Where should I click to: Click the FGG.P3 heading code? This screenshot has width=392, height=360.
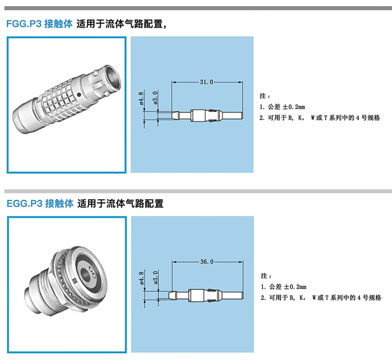point(24,24)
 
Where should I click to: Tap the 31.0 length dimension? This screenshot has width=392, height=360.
point(206,82)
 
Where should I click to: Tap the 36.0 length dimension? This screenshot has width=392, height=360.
point(207,262)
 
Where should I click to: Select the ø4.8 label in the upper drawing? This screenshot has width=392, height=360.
point(141,98)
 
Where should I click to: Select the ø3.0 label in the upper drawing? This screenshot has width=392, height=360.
point(155,98)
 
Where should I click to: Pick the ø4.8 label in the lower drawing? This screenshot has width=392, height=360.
point(141,278)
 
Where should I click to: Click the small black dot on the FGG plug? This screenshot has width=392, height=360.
point(79,95)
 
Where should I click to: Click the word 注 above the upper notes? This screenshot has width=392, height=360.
point(262,96)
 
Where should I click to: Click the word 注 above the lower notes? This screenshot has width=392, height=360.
point(264,276)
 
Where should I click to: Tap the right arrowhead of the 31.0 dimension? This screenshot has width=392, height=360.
point(241,82)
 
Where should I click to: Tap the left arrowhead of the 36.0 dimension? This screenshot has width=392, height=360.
point(174,262)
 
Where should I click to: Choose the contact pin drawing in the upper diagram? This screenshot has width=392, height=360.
point(207,116)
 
